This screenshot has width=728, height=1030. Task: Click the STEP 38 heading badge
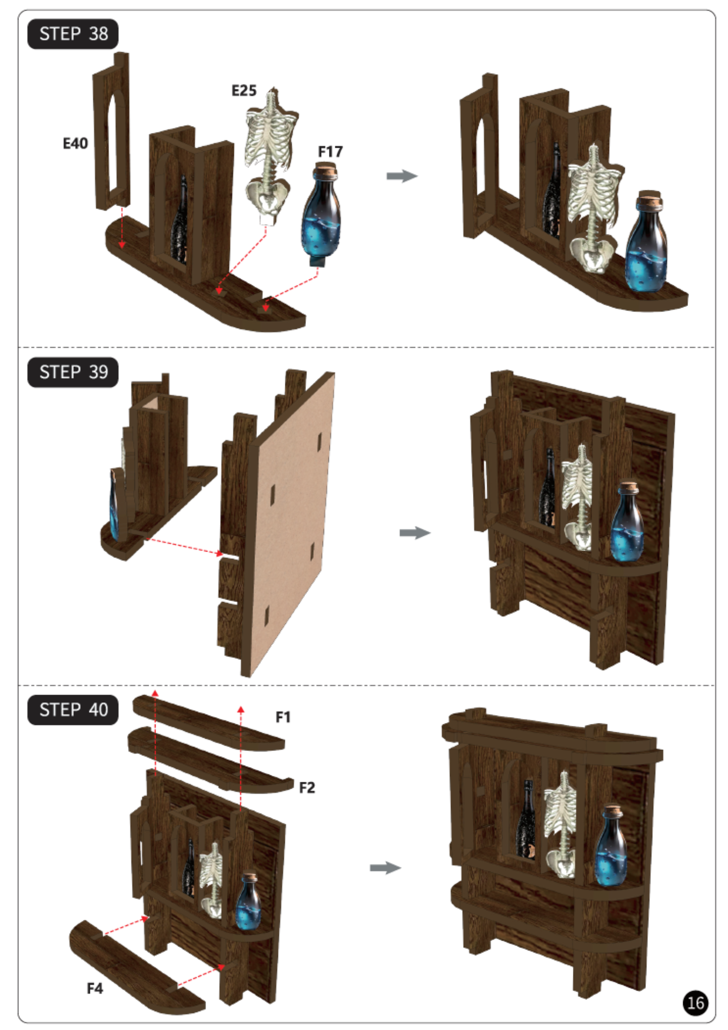click(x=72, y=34)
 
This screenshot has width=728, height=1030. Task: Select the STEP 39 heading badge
click(x=72, y=372)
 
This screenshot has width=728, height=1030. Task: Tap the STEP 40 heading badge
click(x=72, y=710)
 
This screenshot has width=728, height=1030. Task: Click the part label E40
click(x=75, y=144)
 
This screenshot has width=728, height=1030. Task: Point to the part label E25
click(x=244, y=90)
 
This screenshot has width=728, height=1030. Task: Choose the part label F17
click(x=330, y=151)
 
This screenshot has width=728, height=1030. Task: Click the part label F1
click(x=283, y=717)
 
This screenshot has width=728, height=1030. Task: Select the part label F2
click(x=307, y=788)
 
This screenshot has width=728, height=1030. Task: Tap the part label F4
click(x=95, y=988)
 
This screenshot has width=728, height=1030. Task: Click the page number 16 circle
click(x=695, y=1003)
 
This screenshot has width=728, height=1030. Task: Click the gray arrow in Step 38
click(x=402, y=176)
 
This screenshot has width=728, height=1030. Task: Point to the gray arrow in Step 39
click(x=415, y=533)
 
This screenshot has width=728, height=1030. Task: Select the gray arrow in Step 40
click(x=385, y=868)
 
